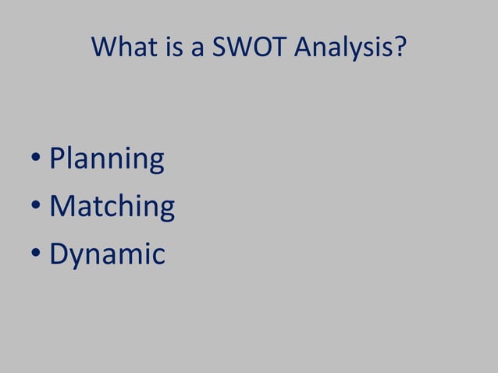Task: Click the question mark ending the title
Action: [400, 48]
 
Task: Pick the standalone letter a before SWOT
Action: [197, 51]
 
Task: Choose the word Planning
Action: [107, 160]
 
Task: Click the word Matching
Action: [112, 208]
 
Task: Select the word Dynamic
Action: [107, 255]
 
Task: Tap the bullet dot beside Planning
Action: [36, 161]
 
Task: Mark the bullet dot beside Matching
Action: [36, 208]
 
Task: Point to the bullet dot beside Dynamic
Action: [36, 255]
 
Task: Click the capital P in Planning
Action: [57, 158]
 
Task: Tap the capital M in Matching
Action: [62, 206]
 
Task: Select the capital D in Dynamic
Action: [59, 254]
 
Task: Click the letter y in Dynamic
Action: [77, 258]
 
